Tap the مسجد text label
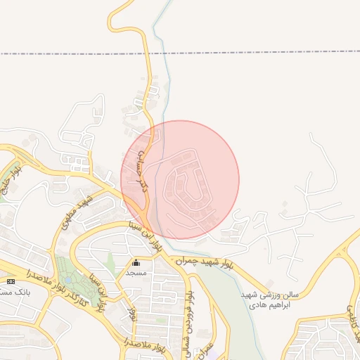point(136,271)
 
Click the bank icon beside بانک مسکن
point(10,281)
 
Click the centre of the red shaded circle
point(180,180)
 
